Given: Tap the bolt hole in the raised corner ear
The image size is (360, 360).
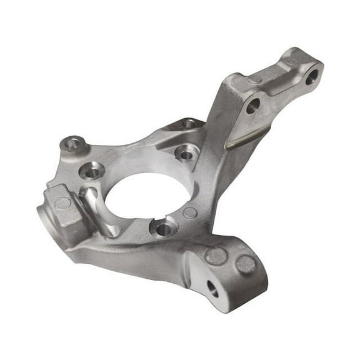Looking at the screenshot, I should click(72, 143).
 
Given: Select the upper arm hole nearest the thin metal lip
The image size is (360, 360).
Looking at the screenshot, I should click(252, 106).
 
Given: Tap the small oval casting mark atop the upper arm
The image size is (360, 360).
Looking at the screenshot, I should click(254, 79).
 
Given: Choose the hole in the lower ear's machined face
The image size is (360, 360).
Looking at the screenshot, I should click(212, 289).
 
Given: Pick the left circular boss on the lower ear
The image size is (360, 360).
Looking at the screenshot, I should click(216, 256).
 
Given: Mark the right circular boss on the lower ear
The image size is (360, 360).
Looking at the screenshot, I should click(246, 265).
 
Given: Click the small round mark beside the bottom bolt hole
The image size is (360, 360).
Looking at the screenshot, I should click(190, 213).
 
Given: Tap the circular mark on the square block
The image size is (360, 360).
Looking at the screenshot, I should click(62, 203).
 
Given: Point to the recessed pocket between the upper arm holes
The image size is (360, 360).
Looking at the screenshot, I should click(281, 87).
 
